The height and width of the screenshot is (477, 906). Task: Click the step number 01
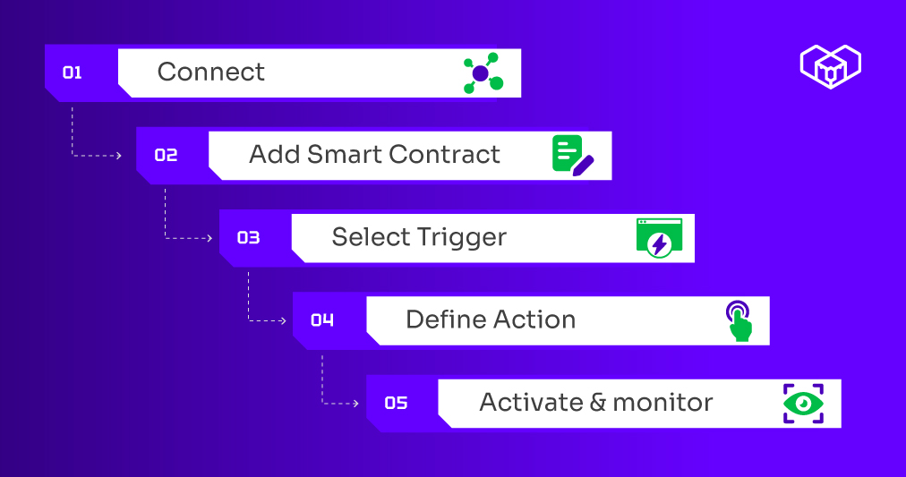point(73,72)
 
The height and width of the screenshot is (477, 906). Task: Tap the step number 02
point(166,155)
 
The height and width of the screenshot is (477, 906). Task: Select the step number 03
point(249,238)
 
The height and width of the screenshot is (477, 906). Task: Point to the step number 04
point(322,319)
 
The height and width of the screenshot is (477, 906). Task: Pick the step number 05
point(397,403)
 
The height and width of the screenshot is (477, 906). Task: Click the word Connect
point(211,72)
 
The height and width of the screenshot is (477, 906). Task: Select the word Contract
point(444,154)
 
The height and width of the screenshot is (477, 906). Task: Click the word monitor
point(662,403)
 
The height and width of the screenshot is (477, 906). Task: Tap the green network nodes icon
point(483,73)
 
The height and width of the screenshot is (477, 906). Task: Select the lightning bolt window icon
point(659,238)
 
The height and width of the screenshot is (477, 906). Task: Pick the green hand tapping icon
point(739,321)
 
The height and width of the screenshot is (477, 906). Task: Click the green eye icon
point(803,403)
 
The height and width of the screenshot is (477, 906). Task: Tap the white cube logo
point(831,66)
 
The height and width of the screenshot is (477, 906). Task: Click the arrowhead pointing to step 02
point(119,156)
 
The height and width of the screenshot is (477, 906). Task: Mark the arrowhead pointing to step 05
point(356,403)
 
